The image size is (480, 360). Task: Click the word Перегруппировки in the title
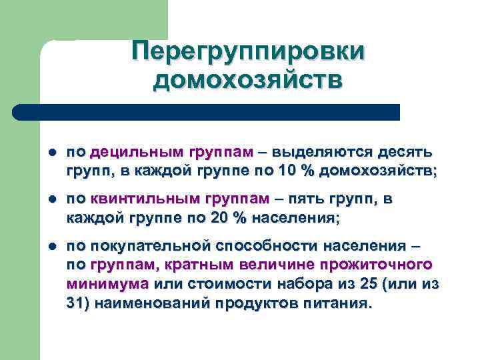point(248,51)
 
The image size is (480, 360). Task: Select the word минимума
point(107,284)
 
